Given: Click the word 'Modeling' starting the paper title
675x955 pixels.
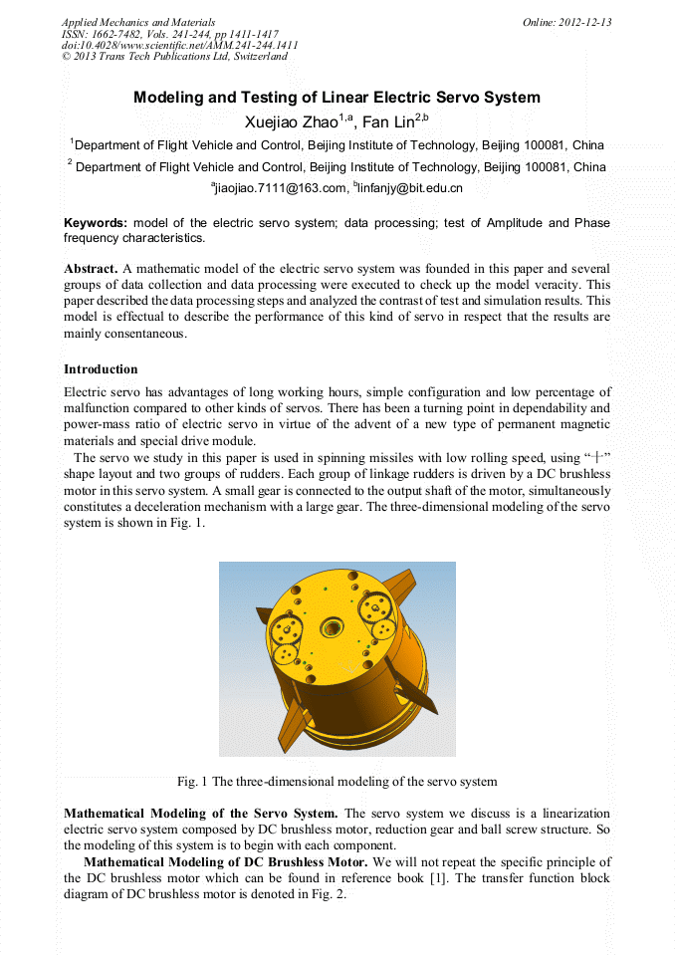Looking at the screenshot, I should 167,98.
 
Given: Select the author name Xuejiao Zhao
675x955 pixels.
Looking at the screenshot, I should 290,122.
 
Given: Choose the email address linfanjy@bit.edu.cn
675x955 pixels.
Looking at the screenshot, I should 409,187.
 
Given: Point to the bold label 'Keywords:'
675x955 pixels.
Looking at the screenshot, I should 96,223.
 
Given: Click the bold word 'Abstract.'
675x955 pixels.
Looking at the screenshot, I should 91,269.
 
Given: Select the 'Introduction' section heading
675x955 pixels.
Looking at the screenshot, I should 101,369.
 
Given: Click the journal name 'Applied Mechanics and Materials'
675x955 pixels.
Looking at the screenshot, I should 138,22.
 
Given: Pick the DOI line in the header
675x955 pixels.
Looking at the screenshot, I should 179,46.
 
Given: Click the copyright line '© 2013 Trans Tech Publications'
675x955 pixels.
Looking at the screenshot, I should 174,57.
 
